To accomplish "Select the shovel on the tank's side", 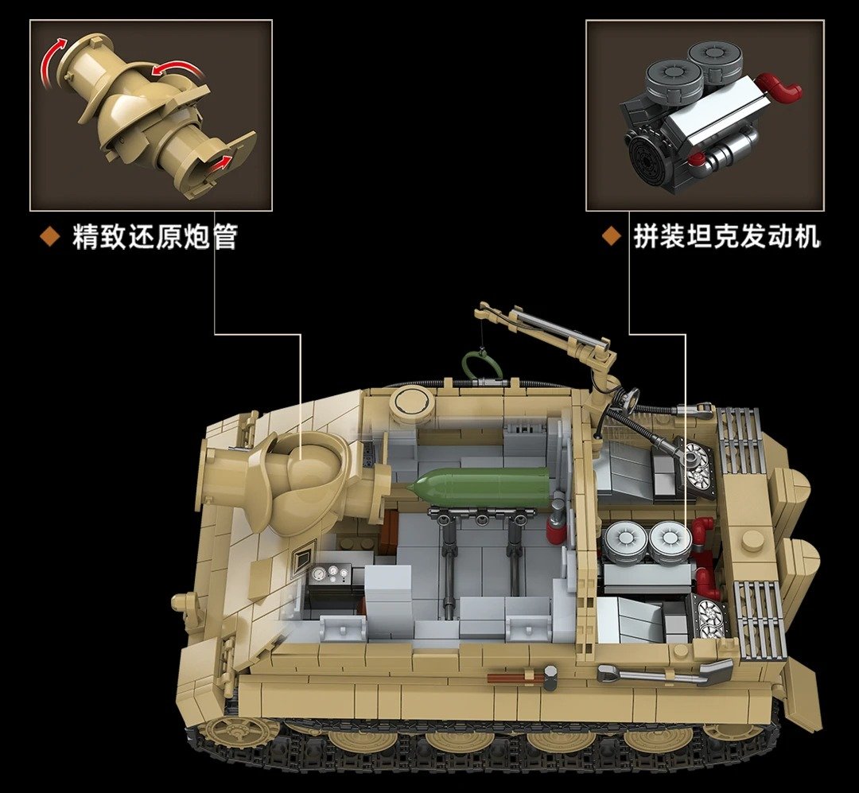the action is tap(664, 671).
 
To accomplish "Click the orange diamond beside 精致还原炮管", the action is tap(50, 237).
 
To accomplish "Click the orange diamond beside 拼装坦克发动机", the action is tap(612, 237).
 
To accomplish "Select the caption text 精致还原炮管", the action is tap(155, 237).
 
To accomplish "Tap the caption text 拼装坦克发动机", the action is tap(727, 237).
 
